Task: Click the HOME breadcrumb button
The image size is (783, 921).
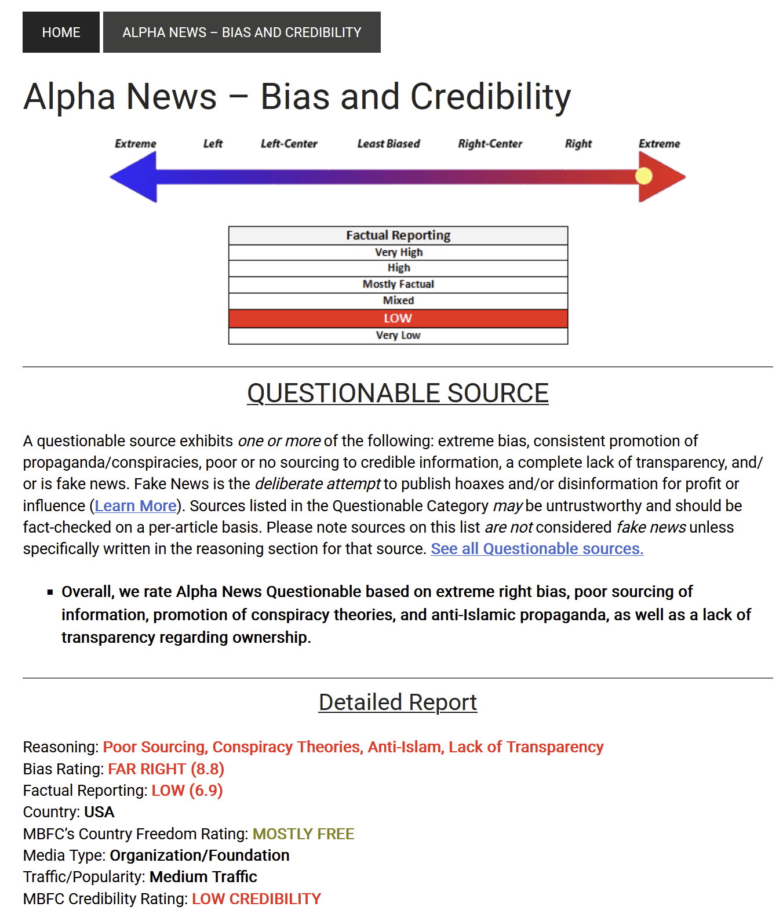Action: [61, 32]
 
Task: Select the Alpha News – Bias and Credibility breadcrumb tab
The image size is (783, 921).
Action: [242, 32]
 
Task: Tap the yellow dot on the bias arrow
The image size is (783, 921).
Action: [643, 176]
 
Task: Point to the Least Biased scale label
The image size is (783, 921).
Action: [388, 144]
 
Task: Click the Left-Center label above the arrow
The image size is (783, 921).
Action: [289, 144]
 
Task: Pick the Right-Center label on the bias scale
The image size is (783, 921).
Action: [490, 144]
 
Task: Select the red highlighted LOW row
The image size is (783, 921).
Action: [398, 318]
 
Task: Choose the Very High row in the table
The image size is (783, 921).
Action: [398, 252]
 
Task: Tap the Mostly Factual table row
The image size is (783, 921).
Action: [398, 284]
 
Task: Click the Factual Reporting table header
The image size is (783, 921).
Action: [398, 235]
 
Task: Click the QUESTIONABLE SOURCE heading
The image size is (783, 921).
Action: [398, 393]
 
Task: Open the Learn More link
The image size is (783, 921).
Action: [136, 506]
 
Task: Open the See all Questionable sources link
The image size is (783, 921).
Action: [537, 549]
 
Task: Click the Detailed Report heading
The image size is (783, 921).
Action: [398, 702]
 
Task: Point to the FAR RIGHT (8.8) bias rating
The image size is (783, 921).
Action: [166, 769]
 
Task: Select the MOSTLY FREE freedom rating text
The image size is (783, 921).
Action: [303, 834]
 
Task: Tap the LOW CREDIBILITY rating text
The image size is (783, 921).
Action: [256, 899]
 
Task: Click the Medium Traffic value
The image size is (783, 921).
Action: [203, 877]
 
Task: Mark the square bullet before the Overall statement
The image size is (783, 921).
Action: [50, 592]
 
